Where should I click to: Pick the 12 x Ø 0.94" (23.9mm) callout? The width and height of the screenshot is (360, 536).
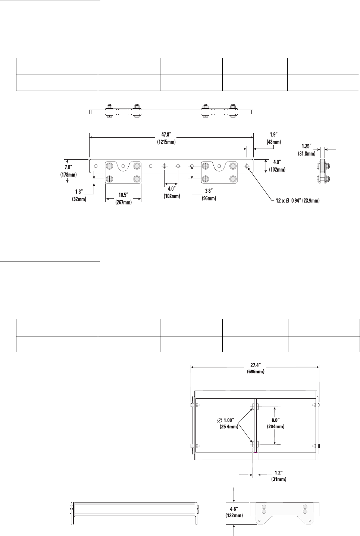298,201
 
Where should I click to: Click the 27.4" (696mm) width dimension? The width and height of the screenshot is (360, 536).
255,369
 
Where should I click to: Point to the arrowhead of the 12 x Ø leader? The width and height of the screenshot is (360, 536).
249,169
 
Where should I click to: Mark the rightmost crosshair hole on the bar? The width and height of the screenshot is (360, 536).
247,166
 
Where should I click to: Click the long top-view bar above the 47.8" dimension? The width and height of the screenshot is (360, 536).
172,112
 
